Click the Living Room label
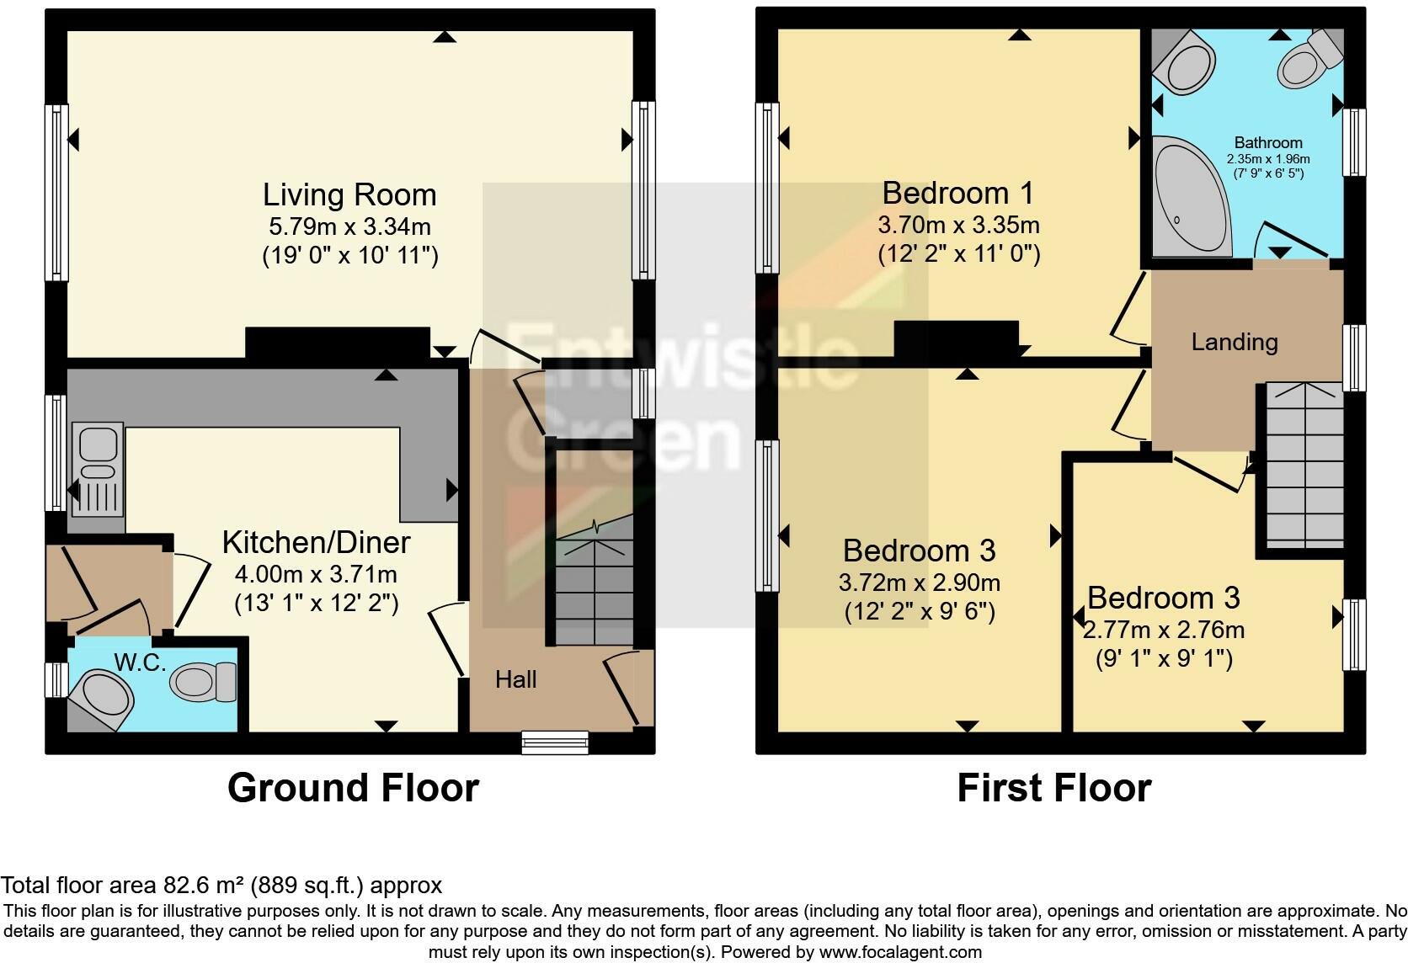[349, 194]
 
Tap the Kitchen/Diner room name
[316, 543]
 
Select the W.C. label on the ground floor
[140, 662]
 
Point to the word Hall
[515, 679]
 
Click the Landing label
[1235, 343]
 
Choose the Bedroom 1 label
[958, 193]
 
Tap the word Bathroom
[1268, 142]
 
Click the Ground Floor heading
[353, 788]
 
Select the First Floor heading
[1054, 788]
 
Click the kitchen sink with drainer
[98, 469]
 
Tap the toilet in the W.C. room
[202, 682]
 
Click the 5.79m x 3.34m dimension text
[349, 226]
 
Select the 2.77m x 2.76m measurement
[1163, 630]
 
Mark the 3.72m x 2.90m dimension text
[919, 583]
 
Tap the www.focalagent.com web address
[900, 952]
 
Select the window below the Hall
[555, 742]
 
